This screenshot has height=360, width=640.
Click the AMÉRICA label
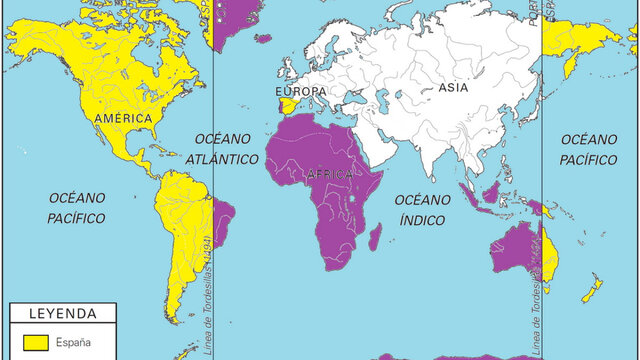point(123,119)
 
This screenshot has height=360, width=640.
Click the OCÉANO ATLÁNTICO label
point(226,148)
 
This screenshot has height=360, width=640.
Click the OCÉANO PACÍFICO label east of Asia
point(589,148)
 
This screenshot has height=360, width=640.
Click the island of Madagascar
point(374,238)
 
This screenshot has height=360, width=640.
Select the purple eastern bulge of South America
point(224,215)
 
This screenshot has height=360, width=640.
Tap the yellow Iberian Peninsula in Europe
point(287,107)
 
